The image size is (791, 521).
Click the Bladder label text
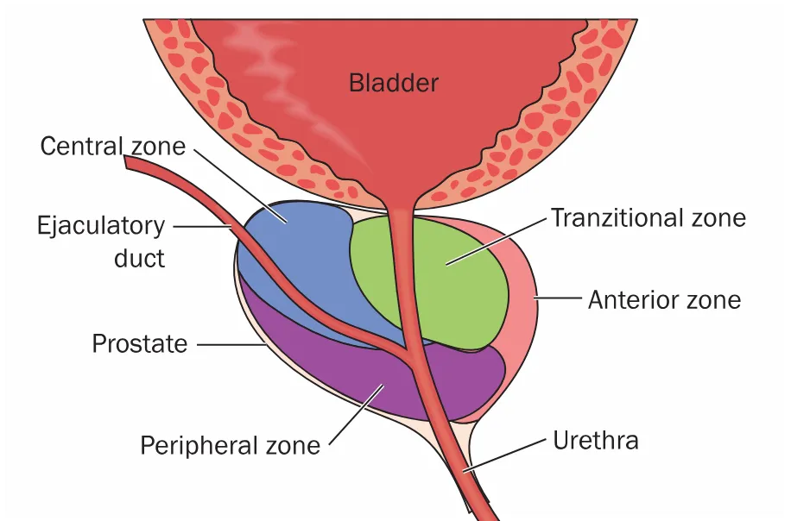(x=394, y=84)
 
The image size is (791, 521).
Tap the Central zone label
(x=113, y=146)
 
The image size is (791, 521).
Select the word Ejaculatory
(x=101, y=226)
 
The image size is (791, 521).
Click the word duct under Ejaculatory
(x=139, y=258)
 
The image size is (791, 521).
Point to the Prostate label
(x=140, y=344)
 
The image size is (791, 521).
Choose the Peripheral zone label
(x=231, y=446)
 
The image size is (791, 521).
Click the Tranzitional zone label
(x=649, y=217)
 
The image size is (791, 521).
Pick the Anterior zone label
(x=664, y=300)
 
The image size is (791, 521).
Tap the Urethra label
(x=596, y=441)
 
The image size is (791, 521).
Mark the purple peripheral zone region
(x=345, y=371)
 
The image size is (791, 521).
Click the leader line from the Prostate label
(x=231, y=345)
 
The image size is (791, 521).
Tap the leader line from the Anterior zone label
(x=560, y=298)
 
